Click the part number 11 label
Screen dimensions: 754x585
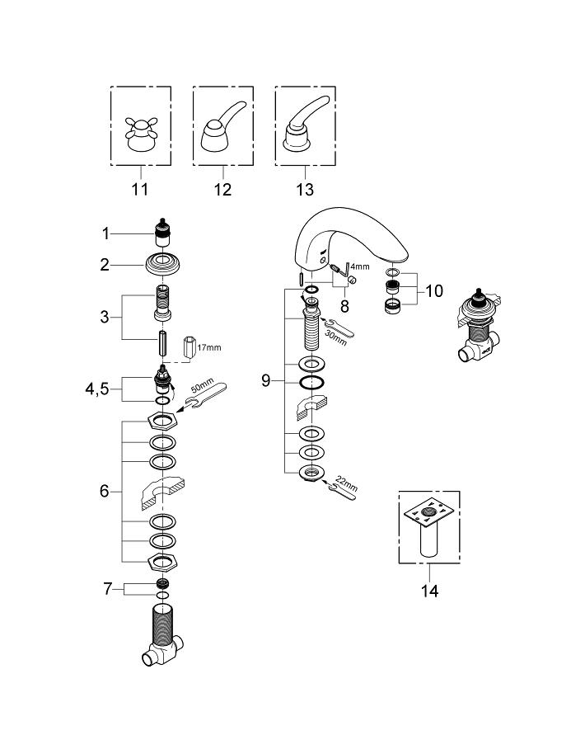139,191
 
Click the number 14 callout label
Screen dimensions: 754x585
428,591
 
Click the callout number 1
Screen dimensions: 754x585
106,234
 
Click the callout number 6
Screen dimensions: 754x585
105,491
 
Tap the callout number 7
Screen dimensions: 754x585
106,589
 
